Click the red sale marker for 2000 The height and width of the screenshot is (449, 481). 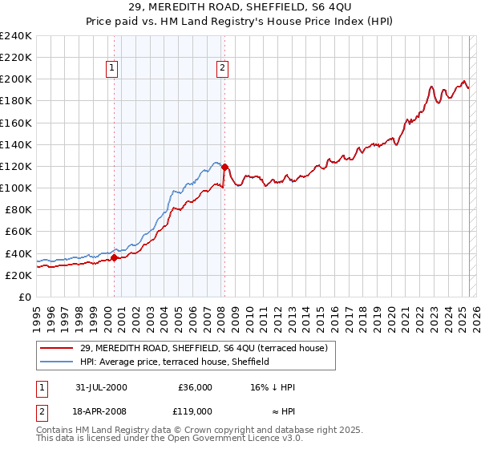(x=114, y=257)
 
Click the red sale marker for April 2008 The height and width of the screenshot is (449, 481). (x=224, y=168)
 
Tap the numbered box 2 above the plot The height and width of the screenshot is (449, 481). (x=221, y=68)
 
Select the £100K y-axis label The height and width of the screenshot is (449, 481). (x=15, y=188)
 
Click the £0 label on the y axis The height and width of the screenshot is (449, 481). (x=24, y=297)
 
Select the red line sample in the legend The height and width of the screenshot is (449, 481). (x=58, y=348)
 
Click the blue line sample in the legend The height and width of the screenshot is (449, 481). (x=58, y=362)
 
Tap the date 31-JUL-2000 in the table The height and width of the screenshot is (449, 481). (x=99, y=386)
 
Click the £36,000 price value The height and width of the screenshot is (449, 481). (x=194, y=386)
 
